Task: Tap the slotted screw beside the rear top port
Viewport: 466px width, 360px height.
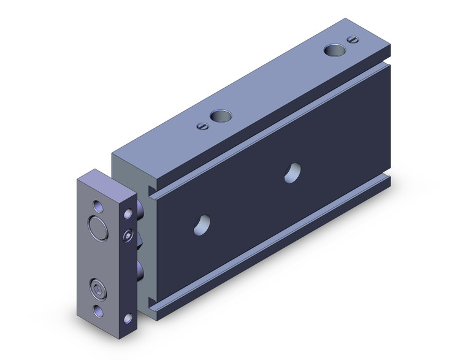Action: [x=351, y=40]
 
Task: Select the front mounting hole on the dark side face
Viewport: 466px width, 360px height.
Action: [x=202, y=224]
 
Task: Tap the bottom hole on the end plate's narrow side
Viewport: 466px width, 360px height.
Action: [x=129, y=318]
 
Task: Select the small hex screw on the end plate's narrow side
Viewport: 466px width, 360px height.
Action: [x=128, y=236]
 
